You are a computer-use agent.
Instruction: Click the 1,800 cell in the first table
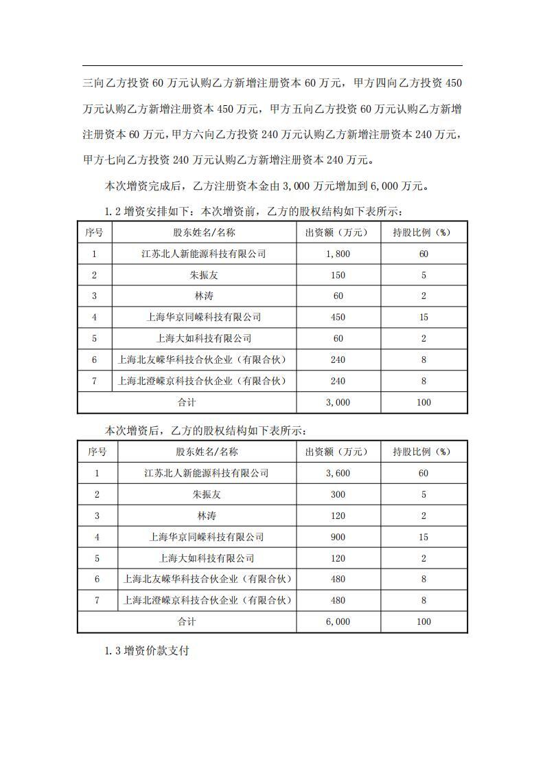[x=338, y=254]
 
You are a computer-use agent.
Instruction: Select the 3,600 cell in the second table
[x=338, y=473]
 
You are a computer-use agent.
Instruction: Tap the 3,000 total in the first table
[x=338, y=402]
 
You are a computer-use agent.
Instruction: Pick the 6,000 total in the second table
[x=338, y=621]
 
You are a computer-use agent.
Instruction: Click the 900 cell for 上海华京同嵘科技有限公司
[x=338, y=537]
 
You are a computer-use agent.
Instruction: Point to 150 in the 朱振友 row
[x=338, y=275]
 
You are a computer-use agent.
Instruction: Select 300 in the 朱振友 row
[x=338, y=494]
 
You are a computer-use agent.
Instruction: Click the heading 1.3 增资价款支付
[x=146, y=650]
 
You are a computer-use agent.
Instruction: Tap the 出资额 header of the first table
[x=338, y=232]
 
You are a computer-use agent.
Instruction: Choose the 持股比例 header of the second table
[x=424, y=452]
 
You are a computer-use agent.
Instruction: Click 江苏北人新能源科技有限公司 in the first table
[x=204, y=254]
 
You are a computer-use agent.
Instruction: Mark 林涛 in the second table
[x=207, y=516]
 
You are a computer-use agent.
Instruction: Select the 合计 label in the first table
[x=187, y=402]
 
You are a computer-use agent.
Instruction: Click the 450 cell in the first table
[x=338, y=317]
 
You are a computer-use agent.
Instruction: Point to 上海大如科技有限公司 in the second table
[x=207, y=558]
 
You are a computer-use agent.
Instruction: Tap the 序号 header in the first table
[x=94, y=232]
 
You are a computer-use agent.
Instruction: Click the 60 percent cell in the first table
[x=424, y=254]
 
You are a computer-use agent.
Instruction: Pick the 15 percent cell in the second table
[x=424, y=537]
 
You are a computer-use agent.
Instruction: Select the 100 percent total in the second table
[x=424, y=621]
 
